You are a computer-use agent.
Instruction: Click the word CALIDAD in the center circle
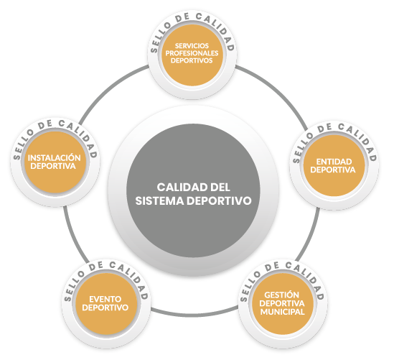pyautogui.click(x=179, y=187)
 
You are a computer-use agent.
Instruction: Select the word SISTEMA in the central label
pyautogui.click(x=159, y=200)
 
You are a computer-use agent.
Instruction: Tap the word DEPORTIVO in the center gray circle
pyautogui.click(x=219, y=200)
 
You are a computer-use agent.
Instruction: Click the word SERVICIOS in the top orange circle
pyautogui.click(x=192, y=46)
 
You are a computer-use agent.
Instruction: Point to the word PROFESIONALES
pyautogui.click(x=192, y=53)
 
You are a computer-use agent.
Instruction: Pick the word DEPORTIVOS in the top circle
pyautogui.click(x=192, y=60)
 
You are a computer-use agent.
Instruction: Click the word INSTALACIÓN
pyautogui.click(x=54, y=157)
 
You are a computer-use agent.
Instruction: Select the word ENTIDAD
pyautogui.click(x=334, y=162)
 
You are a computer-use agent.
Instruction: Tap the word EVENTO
pyautogui.click(x=105, y=299)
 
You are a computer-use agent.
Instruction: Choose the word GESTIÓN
pyautogui.click(x=281, y=295)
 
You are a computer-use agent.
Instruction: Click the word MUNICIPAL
pyautogui.click(x=282, y=312)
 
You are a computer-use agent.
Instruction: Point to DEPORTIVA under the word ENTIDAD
pyautogui.click(x=333, y=170)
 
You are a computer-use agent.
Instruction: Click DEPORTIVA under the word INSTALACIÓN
pyautogui.click(x=53, y=166)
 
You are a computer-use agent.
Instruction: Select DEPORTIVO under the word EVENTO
pyautogui.click(x=105, y=308)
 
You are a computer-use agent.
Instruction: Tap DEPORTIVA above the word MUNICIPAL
pyautogui.click(x=281, y=303)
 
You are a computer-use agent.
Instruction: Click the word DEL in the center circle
pyautogui.click(x=220, y=187)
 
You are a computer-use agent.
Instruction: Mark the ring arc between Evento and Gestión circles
pyautogui.click(x=194, y=315)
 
